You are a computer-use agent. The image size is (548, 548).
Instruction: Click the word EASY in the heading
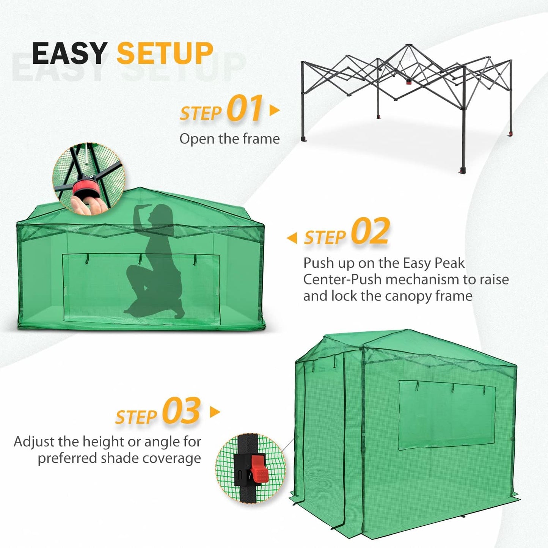tap(69, 53)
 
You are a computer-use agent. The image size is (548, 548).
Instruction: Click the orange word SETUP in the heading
tap(165, 53)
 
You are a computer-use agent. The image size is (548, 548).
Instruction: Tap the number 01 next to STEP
tap(245, 109)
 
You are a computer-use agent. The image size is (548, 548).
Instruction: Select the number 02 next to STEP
tap(370, 232)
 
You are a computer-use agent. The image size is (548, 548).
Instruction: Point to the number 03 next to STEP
tap(181, 411)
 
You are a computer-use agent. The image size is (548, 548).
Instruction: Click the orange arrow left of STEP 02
tap(292, 238)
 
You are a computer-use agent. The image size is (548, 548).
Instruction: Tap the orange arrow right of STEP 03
tap(215, 412)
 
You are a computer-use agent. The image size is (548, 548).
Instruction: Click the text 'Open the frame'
tap(229, 139)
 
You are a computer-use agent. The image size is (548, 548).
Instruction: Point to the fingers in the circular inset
tap(85, 205)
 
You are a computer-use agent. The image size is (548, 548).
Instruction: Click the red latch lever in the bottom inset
tap(259, 469)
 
